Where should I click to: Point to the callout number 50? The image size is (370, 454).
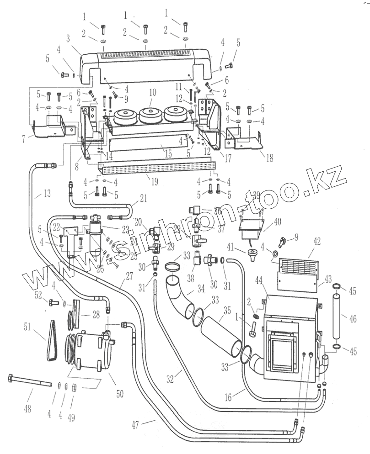coord(120,393)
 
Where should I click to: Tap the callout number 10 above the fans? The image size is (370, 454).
coord(152,92)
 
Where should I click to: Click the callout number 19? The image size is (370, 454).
coord(155,182)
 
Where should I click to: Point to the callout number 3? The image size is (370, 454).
coord(67,38)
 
